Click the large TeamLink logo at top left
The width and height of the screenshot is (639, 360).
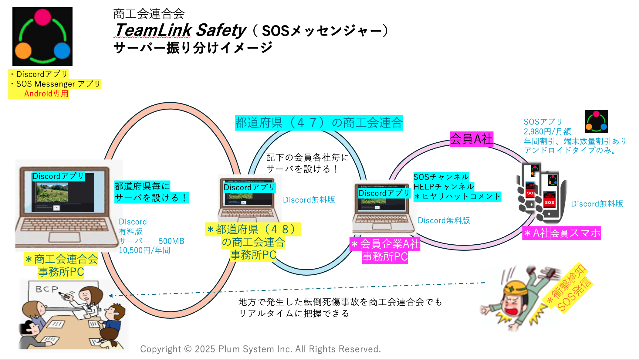click(x=42, y=36)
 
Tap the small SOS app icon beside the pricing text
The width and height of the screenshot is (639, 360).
click(x=596, y=121)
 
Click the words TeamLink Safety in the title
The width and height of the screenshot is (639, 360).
click(x=180, y=30)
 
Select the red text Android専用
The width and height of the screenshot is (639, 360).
click(x=46, y=93)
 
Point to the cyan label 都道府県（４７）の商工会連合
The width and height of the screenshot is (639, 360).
click(x=319, y=123)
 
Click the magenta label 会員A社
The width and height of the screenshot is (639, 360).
click(x=471, y=139)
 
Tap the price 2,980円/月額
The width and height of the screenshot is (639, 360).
click(x=547, y=131)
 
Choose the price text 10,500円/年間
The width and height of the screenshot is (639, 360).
click(x=144, y=250)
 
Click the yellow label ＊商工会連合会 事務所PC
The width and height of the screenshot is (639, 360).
click(x=61, y=265)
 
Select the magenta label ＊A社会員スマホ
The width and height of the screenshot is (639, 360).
click(x=561, y=233)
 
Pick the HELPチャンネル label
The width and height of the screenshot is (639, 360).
click(x=443, y=186)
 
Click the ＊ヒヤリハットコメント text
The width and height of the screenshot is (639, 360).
click(x=458, y=196)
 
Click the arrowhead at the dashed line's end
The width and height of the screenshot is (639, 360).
click(x=111, y=295)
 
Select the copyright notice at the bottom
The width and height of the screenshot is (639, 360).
click(x=260, y=349)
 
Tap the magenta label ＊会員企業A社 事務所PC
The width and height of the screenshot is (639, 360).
click(x=385, y=250)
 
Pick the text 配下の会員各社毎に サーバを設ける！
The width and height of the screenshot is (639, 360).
click(x=307, y=163)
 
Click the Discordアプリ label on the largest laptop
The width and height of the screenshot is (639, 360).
click(x=58, y=176)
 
